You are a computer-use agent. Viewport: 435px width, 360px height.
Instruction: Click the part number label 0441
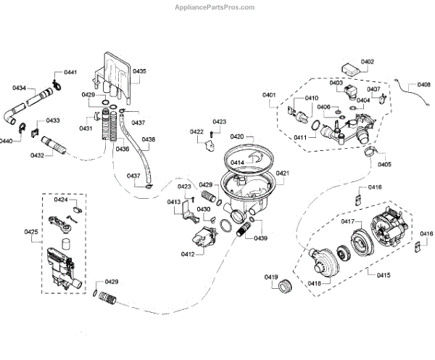70,73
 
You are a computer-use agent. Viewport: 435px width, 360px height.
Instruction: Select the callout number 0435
139,71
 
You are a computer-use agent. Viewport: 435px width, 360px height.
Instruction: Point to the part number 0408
424,84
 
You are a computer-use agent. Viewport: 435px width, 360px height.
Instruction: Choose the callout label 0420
237,136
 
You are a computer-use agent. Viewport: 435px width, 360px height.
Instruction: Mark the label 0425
31,232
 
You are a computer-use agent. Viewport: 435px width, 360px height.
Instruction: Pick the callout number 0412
187,253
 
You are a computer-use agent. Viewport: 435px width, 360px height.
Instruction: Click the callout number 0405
384,164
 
